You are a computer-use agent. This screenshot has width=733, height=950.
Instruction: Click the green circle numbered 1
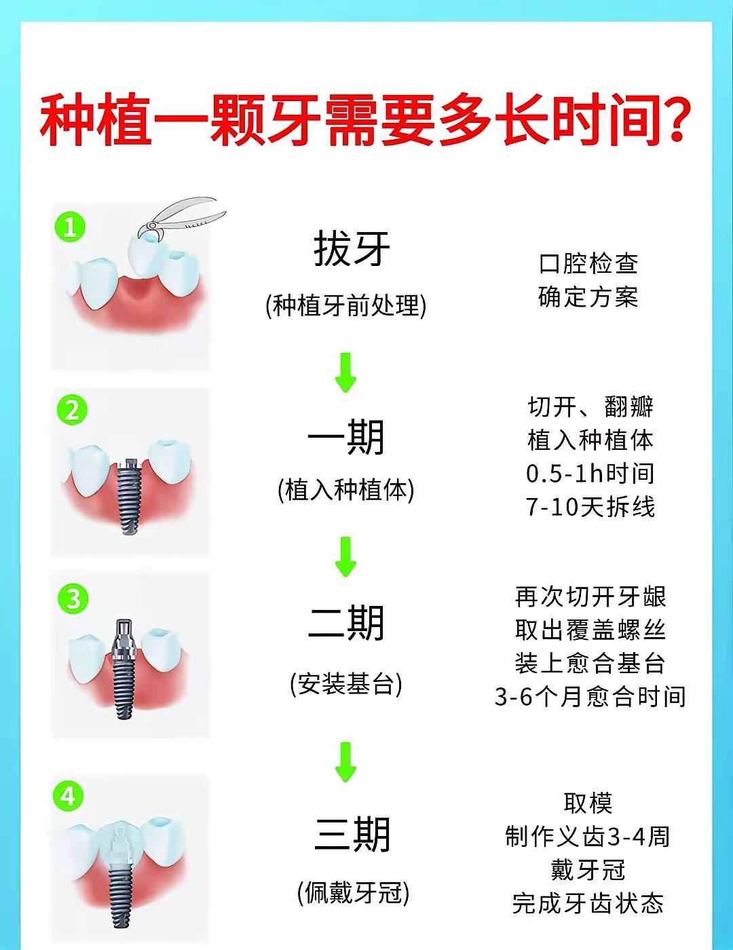point(70,227)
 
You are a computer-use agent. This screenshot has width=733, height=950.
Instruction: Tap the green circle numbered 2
point(73,411)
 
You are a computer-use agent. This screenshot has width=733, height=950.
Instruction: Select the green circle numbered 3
point(73,598)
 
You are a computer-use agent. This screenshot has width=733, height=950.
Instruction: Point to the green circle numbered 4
point(68,796)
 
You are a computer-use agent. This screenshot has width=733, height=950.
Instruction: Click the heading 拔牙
point(352,249)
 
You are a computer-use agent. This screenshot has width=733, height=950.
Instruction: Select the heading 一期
point(345,437)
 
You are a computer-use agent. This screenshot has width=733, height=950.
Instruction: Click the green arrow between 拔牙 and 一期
point(345,372)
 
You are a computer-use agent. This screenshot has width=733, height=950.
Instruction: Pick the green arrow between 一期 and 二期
point(345,556)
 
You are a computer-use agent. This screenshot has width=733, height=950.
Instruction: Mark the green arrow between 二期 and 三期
point(345,763)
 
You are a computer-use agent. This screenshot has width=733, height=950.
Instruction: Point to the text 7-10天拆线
point(590,507)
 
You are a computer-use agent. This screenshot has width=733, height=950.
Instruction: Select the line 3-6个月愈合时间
point(590,697)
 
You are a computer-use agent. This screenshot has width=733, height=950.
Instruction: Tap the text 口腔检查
point(588,263)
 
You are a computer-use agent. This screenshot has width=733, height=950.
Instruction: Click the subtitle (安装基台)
point(345,684)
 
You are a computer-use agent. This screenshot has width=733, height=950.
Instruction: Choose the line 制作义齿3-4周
point(588,837)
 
